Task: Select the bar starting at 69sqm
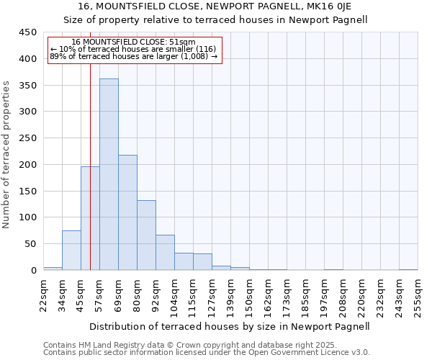127,212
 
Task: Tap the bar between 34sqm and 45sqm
71,251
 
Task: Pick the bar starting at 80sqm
146,235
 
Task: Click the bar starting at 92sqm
165,253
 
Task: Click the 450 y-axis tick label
27,32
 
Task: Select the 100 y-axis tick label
27,217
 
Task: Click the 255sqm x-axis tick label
418,298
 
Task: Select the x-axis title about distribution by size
230,326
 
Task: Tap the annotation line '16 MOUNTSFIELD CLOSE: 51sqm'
134,42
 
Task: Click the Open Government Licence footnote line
207,353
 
